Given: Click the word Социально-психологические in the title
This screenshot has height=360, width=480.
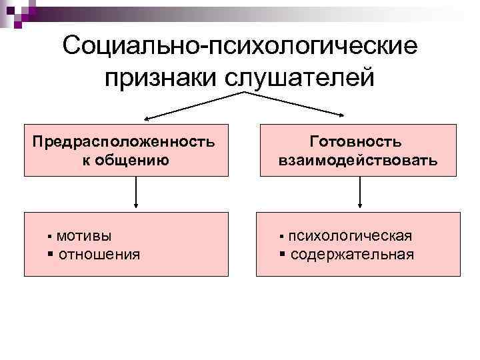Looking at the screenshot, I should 240,47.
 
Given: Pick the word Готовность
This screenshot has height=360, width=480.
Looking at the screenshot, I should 357,142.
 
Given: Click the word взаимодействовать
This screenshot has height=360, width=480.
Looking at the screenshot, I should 357,160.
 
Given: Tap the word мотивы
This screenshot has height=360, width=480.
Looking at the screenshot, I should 84,235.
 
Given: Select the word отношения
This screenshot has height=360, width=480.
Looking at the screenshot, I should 99,254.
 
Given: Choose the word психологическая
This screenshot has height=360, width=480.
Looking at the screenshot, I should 350,235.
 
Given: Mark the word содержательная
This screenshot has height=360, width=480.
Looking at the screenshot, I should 352,254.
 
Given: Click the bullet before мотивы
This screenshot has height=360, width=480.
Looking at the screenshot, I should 50,237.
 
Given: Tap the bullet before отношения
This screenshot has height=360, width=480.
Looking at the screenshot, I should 51,255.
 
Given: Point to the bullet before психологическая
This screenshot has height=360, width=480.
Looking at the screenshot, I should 282,237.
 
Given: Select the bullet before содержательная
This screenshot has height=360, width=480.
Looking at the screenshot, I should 283,255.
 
